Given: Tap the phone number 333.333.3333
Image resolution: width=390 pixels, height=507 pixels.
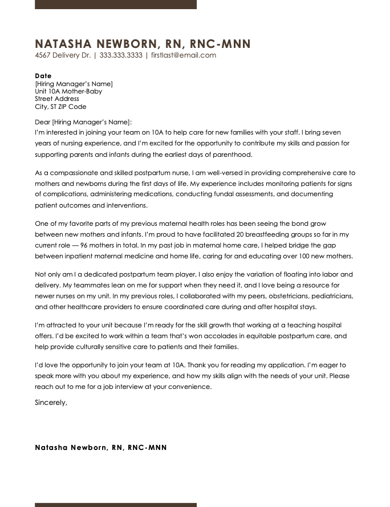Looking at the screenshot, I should coord(121,55).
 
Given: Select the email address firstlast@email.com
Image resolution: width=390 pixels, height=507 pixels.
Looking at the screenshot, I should coord(184,55).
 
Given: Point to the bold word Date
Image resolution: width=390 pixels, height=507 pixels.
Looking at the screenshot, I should coord(43,76).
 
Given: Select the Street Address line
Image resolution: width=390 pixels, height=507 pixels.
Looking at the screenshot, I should coord(57,99).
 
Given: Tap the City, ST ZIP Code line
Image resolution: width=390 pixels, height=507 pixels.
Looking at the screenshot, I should coord(60,107).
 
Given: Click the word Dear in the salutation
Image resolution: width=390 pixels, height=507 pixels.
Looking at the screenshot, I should coord(43,122).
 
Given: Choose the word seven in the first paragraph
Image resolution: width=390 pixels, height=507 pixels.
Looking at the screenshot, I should coord(344,132).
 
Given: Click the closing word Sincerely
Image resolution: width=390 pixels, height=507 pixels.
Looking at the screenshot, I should coord(51,402).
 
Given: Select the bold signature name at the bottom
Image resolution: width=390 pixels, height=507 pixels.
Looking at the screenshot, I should coord(101,448).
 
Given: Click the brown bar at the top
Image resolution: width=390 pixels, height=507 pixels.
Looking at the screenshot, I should coord(116,4).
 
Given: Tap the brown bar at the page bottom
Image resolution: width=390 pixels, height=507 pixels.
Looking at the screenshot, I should coord(116,505).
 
